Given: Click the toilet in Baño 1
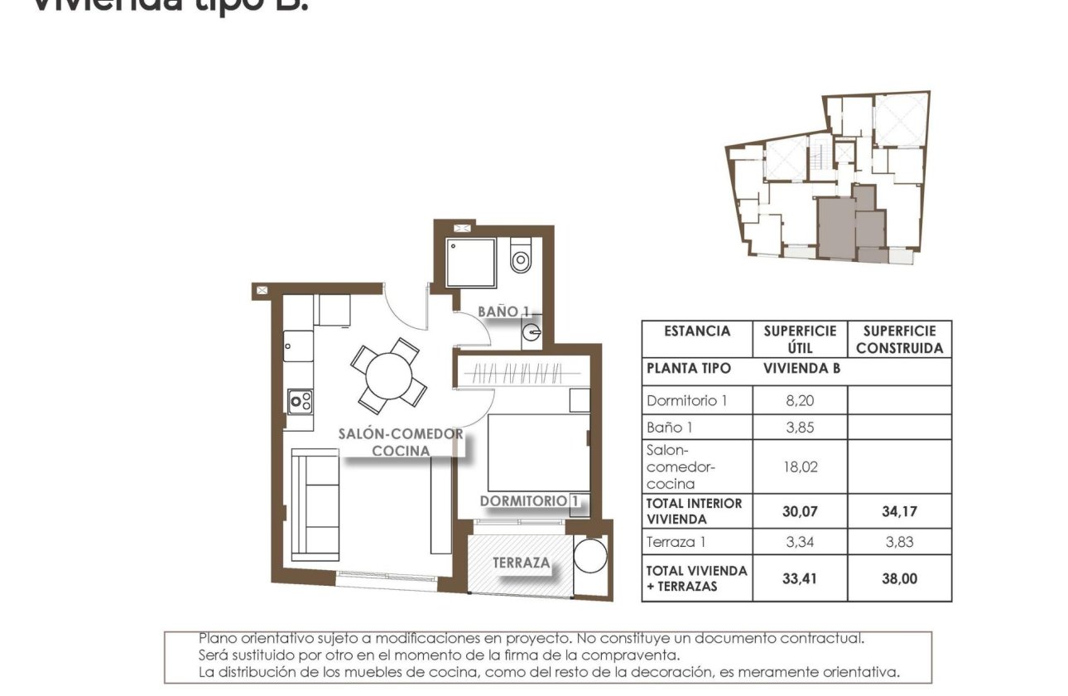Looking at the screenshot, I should coord(521,258).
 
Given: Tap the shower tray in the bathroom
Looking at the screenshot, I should coord(470,263).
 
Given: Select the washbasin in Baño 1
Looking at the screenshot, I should coord(530,336).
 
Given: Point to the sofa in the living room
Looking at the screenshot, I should coord(315,505).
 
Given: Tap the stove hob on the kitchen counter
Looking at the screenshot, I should coord(300,403).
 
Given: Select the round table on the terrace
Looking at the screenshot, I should coord(590,556).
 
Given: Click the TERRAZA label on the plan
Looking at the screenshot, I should coord(522,563).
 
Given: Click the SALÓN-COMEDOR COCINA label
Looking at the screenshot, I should coord(401,442).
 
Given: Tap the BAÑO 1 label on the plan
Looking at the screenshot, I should coord(503,311).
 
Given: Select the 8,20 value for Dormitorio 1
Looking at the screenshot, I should coord(800,400).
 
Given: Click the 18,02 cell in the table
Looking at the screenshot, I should coord(800,466).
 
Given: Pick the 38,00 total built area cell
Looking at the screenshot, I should coord(899,578).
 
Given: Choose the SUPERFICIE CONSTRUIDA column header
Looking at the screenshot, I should coord(899,340).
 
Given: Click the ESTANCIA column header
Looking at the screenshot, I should coord(697,331).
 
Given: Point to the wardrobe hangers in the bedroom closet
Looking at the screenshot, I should coord(522,373).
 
